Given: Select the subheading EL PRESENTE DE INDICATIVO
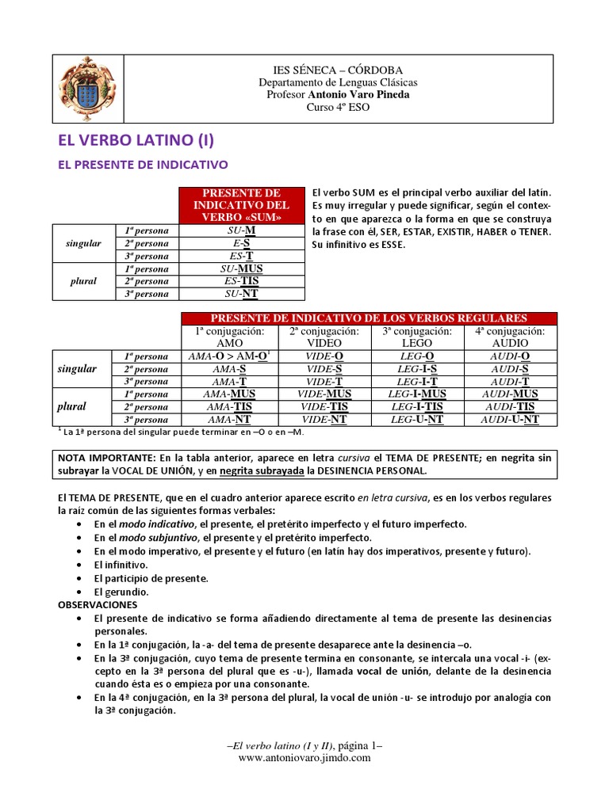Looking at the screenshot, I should coord(144,165).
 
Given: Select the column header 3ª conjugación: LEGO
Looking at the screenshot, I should coord(417,337).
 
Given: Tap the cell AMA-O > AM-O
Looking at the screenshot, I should coord(231,356).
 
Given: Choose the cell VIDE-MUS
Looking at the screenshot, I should coord(325,394).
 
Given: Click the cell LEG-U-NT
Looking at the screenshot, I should coord(417,420).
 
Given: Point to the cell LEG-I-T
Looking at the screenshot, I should coord(417,382).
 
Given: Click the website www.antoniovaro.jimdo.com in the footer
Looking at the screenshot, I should coord(304,758).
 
